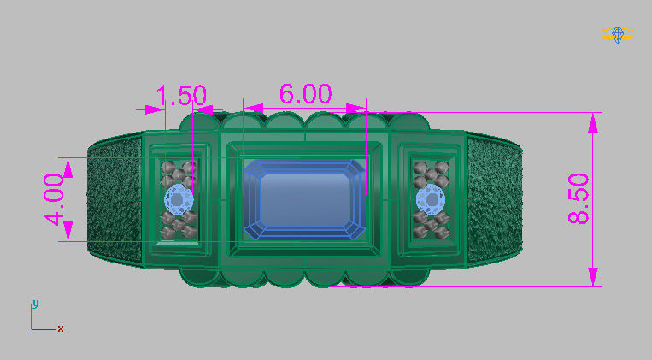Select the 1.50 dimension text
click(182, 95)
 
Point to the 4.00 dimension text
click(53, 199)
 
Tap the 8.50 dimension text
click(579, 199)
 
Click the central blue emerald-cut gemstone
click(305, 198)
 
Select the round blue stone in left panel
click(178, 199)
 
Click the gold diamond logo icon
click(617, 34)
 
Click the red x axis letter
click(61, 328)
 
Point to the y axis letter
click(34, 303)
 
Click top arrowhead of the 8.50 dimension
click(591, 122)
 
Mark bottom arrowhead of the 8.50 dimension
click(591, 276)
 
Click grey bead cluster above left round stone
click(179, 172)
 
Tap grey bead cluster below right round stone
click(430, 226)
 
